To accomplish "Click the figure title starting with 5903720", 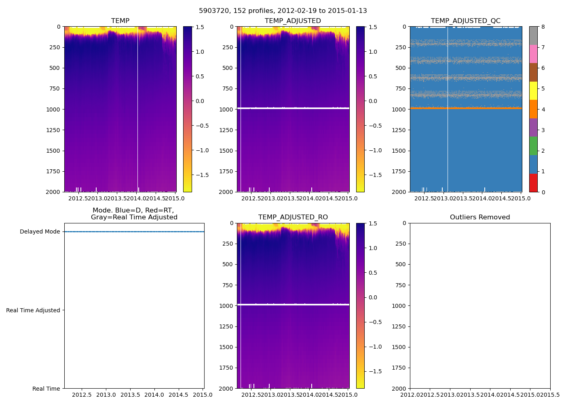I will click(283, 11).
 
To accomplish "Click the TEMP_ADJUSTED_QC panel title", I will click(465, 21).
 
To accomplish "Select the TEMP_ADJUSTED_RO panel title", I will click(293, 217).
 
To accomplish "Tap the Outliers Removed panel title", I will click(479, 217).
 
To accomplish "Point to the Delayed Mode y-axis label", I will click(40, 231).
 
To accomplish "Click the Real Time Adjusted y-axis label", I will click(33, 310).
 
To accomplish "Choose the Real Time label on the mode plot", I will click(46, 389).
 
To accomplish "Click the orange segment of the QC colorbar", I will click(533, 109).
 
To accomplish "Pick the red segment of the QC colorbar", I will click(533, 183).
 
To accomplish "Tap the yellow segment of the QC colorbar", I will click(533, 90).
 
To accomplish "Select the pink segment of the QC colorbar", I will click(533, 54).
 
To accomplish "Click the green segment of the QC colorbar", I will click(533, 146).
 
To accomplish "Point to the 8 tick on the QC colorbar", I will click(543, 27).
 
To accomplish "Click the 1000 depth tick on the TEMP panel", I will click(53, 109).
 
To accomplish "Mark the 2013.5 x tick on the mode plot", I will click(130, 395).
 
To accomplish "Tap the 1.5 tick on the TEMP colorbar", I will click(200, 27).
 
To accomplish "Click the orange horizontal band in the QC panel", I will click(466, 108).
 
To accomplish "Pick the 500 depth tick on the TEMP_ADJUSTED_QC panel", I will click(400, 68).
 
